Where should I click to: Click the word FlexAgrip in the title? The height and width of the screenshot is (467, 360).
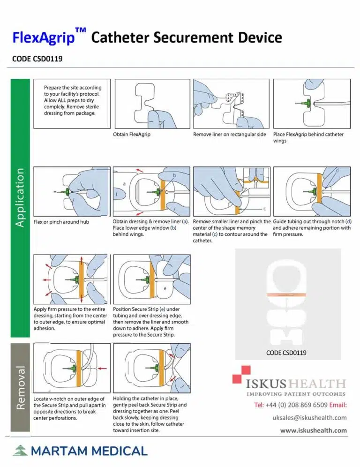point(44,37)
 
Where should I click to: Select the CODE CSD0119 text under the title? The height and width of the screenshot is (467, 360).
point(37,59)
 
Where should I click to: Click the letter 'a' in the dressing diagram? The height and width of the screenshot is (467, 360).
point(124,184)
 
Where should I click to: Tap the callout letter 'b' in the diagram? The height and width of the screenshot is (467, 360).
point(174,175)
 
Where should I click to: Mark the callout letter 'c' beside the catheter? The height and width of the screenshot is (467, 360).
point(264,208)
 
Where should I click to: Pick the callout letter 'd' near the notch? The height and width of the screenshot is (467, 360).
point(337,171)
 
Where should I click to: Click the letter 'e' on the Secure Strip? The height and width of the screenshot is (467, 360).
point(165,288)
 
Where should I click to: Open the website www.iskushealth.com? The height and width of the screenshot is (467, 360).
point(314,430)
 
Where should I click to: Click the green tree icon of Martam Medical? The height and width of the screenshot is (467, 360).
point(19,451)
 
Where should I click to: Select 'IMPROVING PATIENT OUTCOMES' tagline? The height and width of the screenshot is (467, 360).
point(295,394)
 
